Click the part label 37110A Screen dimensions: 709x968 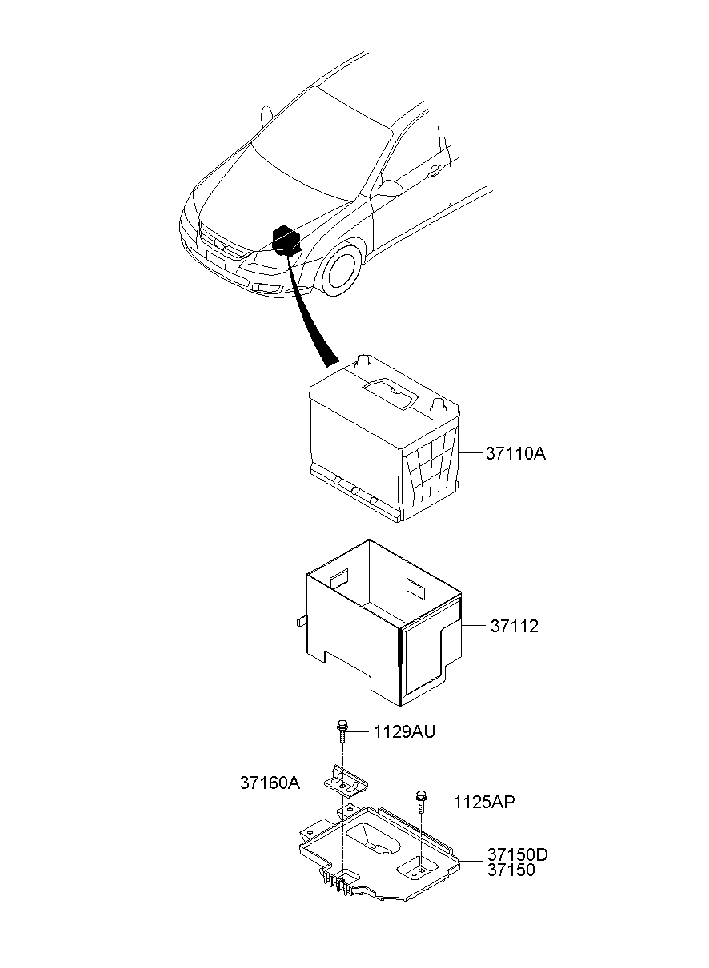pyautogui.click(x=515, y=454)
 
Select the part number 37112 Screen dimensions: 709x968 pyautogui.click(x=515, y=626)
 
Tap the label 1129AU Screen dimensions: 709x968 pyautogui.click(x=403, y=732)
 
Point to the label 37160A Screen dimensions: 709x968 pyautogui.click(x=270, y=783)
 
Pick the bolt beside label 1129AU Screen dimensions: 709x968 pyautogui.click(x=342, y=731)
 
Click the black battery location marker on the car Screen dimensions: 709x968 pyautogui.click(x=286, y=241)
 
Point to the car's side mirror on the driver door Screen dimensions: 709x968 pyautogui.click(x=390, y=188)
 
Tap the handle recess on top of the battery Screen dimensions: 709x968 pyautogui.click(x=391, y=393)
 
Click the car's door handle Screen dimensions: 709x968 pyautogui.click(x=436, y=171)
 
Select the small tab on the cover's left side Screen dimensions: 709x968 pyautogui.click(x=301, y=621)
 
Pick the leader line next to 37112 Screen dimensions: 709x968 pyautogui.click(x=475, y=625)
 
